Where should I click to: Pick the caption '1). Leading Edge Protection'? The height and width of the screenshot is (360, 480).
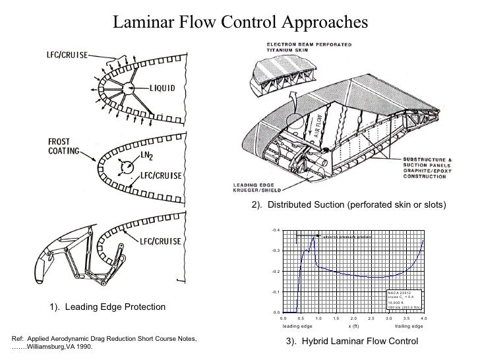pos(105,307)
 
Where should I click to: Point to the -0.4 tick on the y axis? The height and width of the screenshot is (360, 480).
pos(276,230)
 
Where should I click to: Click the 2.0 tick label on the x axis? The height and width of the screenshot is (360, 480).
pos(353,318)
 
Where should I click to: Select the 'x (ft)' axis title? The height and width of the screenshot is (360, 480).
pos(353,326)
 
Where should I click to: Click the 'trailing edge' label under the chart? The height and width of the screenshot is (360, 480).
pos(409,326)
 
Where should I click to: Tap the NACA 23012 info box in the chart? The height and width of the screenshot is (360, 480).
pos(404,299)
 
